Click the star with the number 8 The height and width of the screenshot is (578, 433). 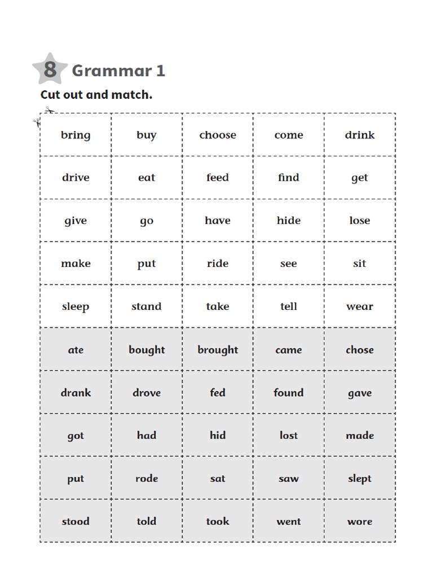[x=50, y=69]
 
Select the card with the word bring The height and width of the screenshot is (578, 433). [x=76, y=135]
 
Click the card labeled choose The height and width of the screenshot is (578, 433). [x=218, y=135]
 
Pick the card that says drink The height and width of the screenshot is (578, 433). [x=360, y=135]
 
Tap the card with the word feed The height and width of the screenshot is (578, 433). [x=218, y=177]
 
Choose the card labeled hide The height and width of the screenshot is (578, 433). [x=289, y=220]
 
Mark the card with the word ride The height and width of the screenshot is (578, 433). [x=218, y=263]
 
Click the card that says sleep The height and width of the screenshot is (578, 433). [x=76, y=306]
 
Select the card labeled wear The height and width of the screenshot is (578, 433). [x=360, y=306]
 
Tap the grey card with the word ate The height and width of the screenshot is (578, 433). [x=76, y=349]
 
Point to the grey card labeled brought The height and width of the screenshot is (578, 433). [x=218, y=349]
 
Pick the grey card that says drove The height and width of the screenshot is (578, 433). [x=147, y=392]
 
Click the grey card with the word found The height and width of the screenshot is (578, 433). [x=289, y=392]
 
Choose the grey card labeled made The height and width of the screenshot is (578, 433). [x=360, y=435]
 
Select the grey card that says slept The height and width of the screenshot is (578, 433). [x=360, y=478]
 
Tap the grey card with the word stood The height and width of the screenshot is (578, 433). [x=76, y=521]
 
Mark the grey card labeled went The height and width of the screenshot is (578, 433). [x=289, y=521]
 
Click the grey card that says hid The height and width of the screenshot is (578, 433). [x=218, y=435]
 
